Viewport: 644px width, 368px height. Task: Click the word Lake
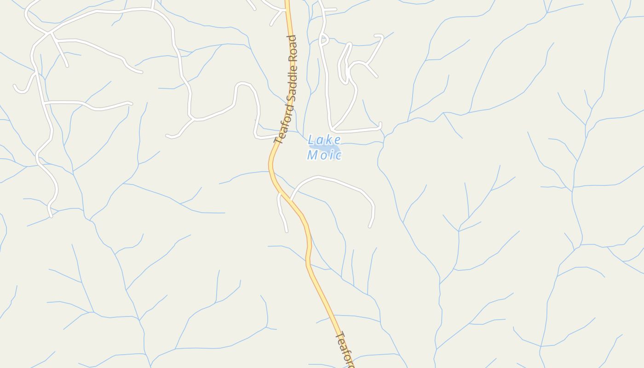pos(324,140)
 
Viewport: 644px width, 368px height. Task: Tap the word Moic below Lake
pos(324,155)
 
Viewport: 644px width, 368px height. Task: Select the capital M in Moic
pos(312,155)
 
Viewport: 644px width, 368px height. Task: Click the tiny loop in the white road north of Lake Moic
pos(323,40)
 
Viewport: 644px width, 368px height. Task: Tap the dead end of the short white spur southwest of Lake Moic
pos(287,231)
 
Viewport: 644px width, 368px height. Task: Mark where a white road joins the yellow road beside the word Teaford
pos(277,136)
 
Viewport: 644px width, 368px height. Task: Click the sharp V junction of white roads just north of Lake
pos(332,130)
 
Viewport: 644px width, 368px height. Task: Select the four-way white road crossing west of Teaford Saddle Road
pos(49,34)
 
